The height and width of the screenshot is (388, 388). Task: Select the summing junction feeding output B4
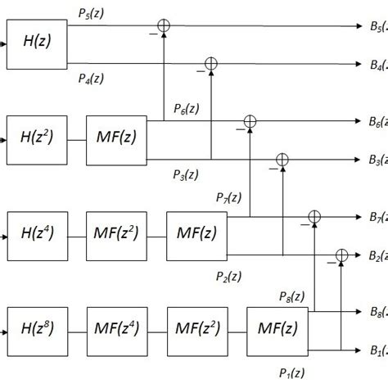click(210, 62)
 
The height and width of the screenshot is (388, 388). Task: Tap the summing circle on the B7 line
click(314, 217)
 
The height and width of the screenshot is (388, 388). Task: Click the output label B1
click(377, 350)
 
